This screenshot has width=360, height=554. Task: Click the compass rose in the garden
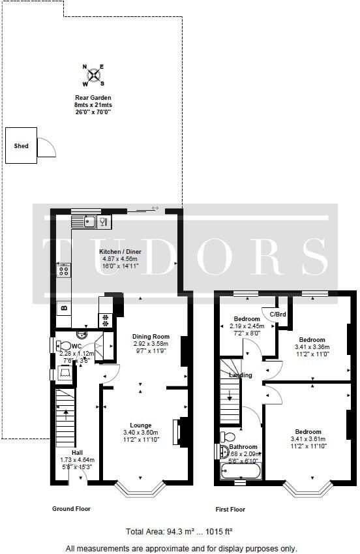(x=94, y=76)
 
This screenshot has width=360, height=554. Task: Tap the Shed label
(x=22, y=146)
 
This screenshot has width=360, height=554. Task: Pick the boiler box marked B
(x=63, y=307)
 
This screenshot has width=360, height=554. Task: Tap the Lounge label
(x=141, y=425)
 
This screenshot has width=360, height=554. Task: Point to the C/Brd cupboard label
(x=278, y=315)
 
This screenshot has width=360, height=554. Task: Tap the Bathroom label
(x=243, y=447)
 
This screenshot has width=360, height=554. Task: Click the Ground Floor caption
(x=71, y=508)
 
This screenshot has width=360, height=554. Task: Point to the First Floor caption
(x=230, y=509)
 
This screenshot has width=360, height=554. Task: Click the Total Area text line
(x=179, y=532)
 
